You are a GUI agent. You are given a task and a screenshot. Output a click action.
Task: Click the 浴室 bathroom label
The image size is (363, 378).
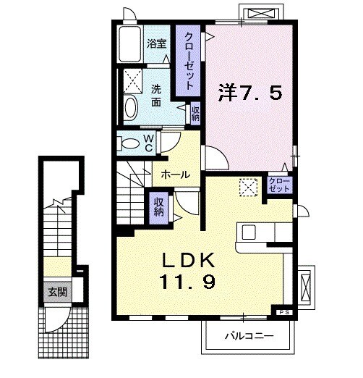click(x=157, y=43)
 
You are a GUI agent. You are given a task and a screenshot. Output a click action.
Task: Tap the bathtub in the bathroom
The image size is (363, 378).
click(x=130, y=46)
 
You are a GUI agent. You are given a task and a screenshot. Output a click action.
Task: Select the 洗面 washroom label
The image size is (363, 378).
click(x=157, y=95)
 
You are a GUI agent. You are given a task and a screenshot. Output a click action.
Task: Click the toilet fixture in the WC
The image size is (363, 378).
click(x=128, y=143)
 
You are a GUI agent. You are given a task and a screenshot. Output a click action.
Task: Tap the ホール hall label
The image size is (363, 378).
click(x=176, y=175)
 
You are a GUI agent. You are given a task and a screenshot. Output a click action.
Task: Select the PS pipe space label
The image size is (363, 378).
click(x=283, y=312)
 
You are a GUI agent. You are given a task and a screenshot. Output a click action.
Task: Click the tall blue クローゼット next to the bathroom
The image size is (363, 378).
click(x=188, y=61)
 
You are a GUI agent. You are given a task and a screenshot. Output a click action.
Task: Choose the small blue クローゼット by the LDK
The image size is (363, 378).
click(x=278, y=184)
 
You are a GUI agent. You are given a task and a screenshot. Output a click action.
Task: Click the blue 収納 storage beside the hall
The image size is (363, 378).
click(x=158, y=207)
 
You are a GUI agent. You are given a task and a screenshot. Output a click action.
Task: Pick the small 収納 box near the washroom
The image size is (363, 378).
click(x=195, y=113)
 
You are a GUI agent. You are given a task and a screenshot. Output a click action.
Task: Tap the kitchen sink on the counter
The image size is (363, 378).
click(x=249, y=232)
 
